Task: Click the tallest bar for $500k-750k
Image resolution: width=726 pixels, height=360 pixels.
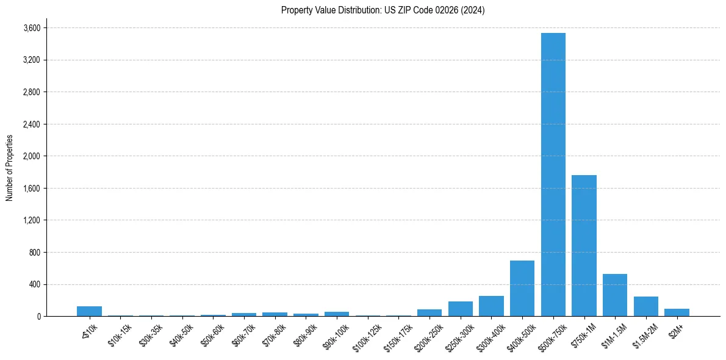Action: (x=553, y=175)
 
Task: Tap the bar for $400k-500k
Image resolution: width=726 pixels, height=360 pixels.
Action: (x=522, y=288)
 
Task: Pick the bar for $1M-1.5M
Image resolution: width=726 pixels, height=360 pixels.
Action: (x=615, y=295)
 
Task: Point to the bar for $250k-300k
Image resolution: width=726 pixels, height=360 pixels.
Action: (x=461, y=309)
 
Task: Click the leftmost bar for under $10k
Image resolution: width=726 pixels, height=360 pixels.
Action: (x=89, y=311)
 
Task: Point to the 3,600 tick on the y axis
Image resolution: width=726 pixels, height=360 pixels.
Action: (x=32, y=28)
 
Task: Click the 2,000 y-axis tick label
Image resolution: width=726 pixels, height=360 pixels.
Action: (x=32, y=156)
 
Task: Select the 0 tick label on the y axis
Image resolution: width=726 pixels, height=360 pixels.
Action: (x=38, y=316)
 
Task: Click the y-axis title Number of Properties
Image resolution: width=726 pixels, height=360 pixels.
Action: (x=9, y=168)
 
